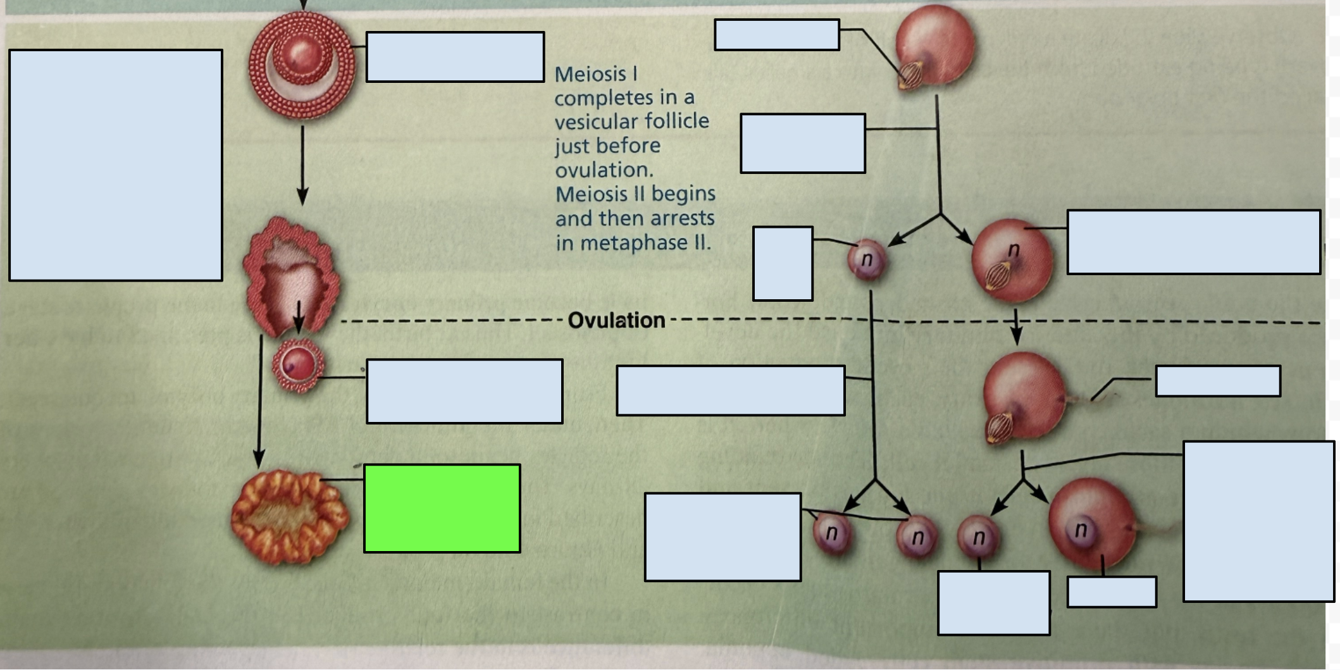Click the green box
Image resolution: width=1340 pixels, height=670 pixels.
click(442, 509)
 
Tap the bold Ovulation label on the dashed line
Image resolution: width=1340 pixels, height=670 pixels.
click(616, 320)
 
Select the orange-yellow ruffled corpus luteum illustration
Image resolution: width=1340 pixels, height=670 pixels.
click(289, 517)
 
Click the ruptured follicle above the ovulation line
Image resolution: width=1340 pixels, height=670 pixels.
click(292, 275)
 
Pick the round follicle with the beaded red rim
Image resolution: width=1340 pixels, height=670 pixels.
click(302, 65)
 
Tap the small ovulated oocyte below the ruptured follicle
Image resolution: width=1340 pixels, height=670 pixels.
click(298, 366)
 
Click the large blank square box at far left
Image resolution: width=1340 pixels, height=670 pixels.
click(116, 165)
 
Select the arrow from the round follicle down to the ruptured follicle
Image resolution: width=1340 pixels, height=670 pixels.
click(302, 165)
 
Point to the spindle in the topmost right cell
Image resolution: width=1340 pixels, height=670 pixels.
click(910, 76)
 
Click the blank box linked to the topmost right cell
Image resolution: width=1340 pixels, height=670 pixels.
click(777, 35)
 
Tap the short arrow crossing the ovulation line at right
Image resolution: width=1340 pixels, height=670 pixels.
click(1016, 326)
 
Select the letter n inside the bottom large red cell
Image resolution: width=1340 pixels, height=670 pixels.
click(1081, 529)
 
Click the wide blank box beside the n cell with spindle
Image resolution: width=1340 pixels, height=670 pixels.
click(1194, 242)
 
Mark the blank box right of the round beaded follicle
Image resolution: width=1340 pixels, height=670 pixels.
click(455, 57)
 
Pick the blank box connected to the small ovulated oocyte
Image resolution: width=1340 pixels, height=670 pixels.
click(464, 392)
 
